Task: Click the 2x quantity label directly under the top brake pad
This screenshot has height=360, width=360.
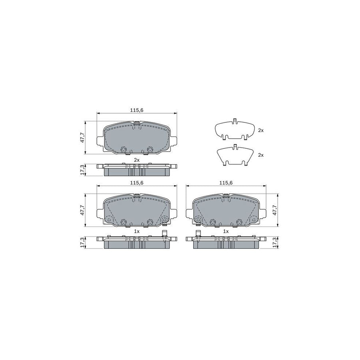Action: [137, 160]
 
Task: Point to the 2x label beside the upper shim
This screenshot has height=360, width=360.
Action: [261, 130]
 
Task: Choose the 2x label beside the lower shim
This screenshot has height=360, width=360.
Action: [261, 154]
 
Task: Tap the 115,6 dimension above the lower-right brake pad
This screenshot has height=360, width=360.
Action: [226, 182]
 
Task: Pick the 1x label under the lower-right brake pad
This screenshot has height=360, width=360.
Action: [226, 231]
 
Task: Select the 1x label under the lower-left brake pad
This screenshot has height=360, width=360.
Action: [137, 231]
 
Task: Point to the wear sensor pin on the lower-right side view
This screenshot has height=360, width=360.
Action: [198, 235]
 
